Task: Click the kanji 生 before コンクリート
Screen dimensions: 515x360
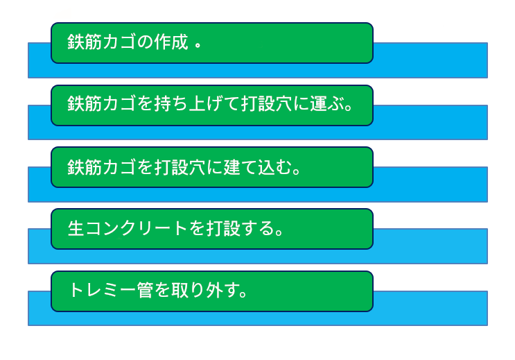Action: coord(76,228)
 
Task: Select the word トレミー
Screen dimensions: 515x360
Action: coord(103,291)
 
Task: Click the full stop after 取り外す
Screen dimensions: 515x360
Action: coord(243,294)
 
